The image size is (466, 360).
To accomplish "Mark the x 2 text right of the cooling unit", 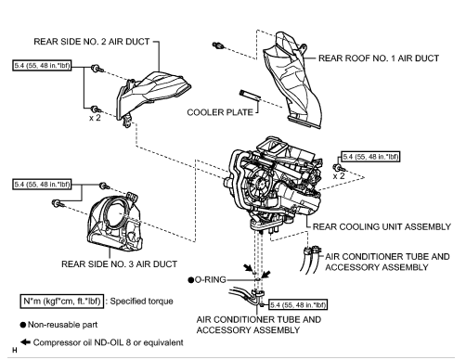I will [x=341, y=174].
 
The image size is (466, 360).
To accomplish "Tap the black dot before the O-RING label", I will [x=190, y=278].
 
